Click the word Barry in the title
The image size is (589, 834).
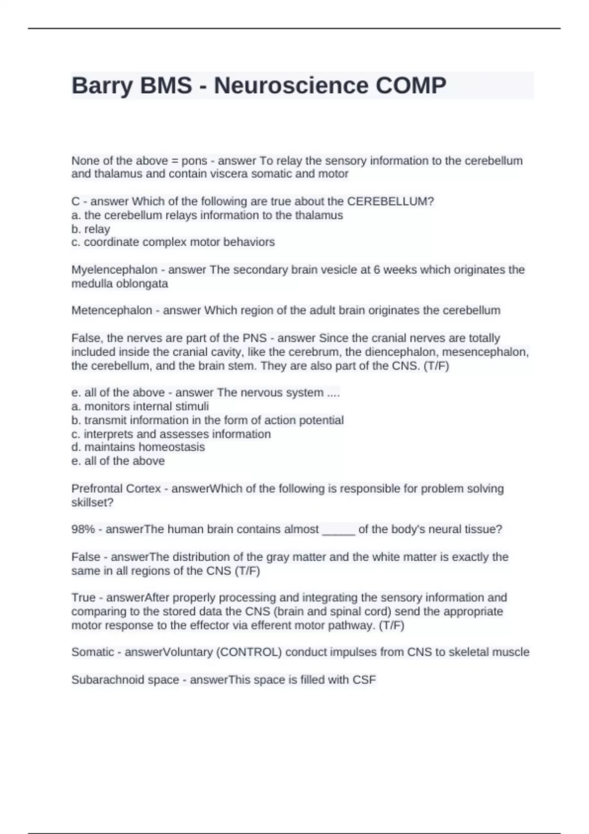[x=102, y=86]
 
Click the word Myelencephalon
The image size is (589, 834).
[x=114, y=270]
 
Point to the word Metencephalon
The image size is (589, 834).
[x=111, y=311]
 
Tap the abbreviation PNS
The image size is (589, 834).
[x=254, y=338]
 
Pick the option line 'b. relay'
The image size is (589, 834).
[x=91, y=229]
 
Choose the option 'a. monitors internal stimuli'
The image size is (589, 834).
[x=140, y=406]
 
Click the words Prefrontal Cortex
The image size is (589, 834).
[x=116, y=489]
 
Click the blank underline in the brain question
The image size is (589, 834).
[x=338, y=531]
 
